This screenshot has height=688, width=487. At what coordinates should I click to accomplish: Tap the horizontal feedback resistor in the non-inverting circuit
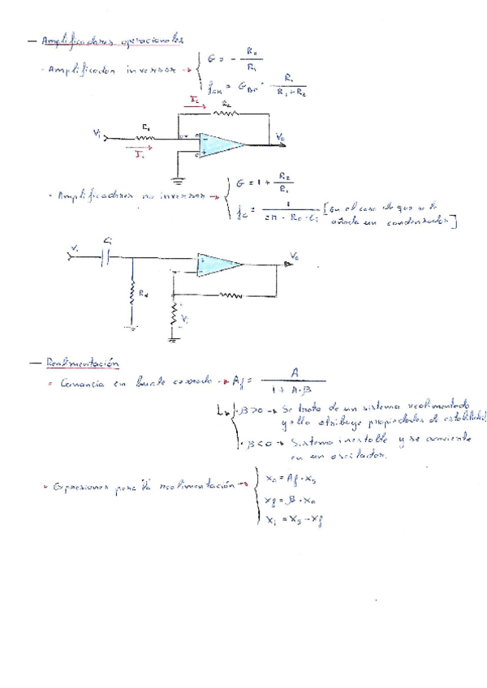[230, 295]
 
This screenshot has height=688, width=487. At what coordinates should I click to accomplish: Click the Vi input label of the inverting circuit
[98, 134]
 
